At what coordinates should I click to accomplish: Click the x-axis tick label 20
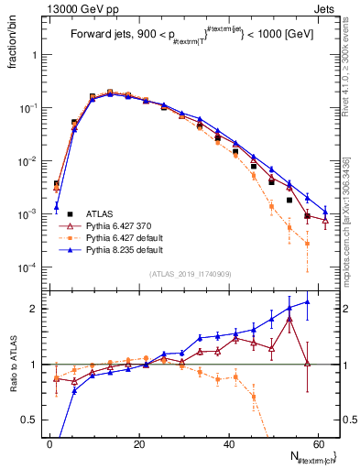139,444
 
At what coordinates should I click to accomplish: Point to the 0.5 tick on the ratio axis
34,420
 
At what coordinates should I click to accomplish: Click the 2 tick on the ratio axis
37,309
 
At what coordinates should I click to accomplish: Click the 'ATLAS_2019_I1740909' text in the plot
191,274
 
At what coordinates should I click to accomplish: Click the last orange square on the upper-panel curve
307,244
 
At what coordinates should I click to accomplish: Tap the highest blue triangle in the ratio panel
307,301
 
